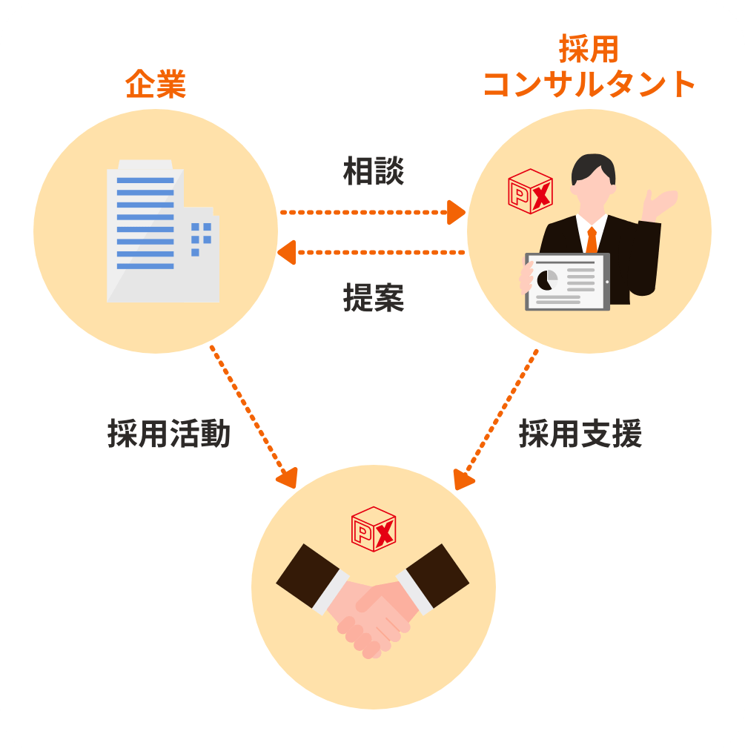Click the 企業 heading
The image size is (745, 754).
pos(156,85)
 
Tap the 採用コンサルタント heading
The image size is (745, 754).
pos(589,67)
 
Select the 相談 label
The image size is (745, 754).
pos(373,171)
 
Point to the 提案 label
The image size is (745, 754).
pos(373,297)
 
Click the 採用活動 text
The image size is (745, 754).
pos(169,433)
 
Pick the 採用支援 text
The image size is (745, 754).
pos(580,433)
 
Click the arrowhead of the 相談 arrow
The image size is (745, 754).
pos(456,212)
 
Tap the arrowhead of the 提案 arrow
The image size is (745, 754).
pos(287,253)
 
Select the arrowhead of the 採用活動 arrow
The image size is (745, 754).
pos(288,478)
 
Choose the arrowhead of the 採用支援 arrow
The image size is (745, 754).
pos(463,480)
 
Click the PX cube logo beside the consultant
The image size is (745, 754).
pos(530,191)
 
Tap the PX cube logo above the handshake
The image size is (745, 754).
pos(373,529)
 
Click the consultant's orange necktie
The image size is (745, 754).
pos(592,239)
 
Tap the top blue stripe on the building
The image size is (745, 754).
pos(145,180)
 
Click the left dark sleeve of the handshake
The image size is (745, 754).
pos(308,575)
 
